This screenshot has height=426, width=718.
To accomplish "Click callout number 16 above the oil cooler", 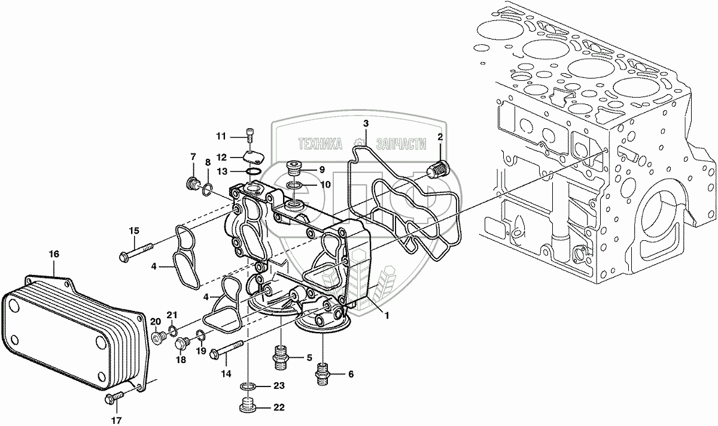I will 54,255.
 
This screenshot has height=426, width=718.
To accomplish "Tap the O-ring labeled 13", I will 253,173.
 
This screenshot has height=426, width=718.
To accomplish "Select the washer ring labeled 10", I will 294,185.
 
